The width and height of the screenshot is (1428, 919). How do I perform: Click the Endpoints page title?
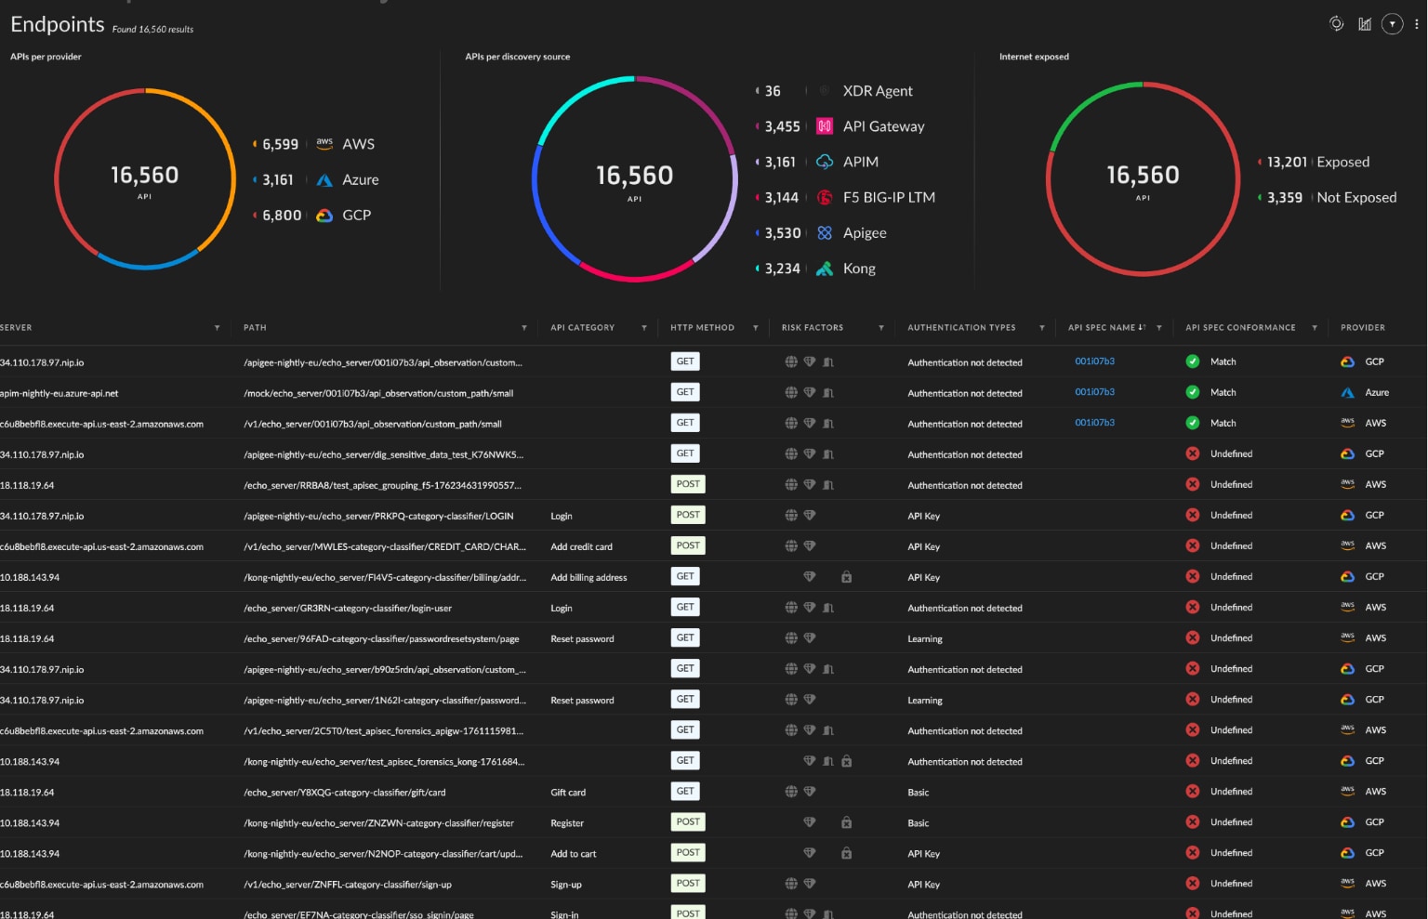tap(58, 25)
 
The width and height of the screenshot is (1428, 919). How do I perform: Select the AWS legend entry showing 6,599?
tap(358, 144)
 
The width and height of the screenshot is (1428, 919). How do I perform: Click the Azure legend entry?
tap(360, 179)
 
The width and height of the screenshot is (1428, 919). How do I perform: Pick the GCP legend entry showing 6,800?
tap(356, 215)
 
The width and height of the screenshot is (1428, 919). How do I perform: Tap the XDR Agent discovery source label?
tap(877, 91)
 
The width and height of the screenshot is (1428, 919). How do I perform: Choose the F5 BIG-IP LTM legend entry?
tap(888, 197)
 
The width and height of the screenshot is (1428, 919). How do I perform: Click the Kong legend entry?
tap(858, 269)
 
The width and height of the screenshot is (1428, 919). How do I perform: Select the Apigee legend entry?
tap(864, 233)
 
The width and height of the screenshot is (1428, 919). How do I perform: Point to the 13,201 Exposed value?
tap(1287, 162)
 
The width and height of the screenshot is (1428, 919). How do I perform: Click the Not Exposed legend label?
tap(1355, 197)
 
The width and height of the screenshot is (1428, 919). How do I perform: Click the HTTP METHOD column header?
tap(702, 328)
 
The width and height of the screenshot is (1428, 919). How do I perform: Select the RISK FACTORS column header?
tap(812, 328)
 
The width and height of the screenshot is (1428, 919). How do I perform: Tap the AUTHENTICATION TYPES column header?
tap(960, 328)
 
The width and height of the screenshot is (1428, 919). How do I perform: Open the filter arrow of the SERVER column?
tap(217, 328)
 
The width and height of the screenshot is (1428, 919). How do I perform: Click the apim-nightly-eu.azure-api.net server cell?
tap(59, 393)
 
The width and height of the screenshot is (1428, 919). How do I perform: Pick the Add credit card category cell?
tap(581, 546)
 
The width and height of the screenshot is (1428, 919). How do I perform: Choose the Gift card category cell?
tap(568, 793)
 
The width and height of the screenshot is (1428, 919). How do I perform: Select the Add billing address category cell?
tap(588, 577)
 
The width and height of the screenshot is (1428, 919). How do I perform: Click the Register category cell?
tap(567, 823)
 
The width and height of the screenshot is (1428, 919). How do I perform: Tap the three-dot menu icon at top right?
tap(1416, 24)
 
